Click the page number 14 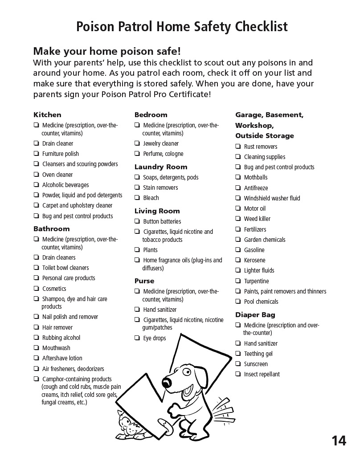(339, 441)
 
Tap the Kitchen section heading (47, 115)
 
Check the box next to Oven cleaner (36, 175)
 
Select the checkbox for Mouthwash (36, 348)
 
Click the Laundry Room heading (160, 167)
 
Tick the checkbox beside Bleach (137, 198)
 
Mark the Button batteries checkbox (137, 221)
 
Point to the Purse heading (144, 281)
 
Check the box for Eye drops (137, 338)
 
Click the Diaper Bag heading (255, 315)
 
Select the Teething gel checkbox (238, 354)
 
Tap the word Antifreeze (256, 188)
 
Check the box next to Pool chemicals (238, 302)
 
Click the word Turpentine (256, 281)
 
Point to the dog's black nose (167, 381)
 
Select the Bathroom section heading (51, 229)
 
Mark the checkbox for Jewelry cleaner (137, 143)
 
